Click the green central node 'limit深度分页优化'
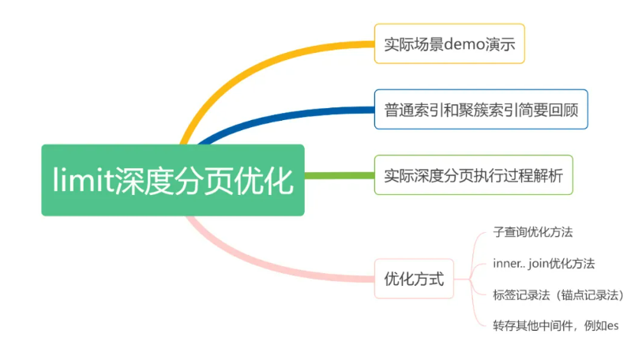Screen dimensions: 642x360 pyautogui.click(x=173, y=180)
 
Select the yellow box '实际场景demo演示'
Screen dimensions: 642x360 pyautogui.click(x=449, y=44)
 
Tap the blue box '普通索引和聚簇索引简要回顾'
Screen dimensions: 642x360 pyautogui.click(x=481, y=110)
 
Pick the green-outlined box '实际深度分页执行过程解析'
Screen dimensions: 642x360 pyautogui.click(x=474, y=175)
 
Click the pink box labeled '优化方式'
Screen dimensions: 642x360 pyautogui.click(x=414, y=279)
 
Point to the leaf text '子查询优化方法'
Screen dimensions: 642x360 pyautogui.click(x=533, y=232)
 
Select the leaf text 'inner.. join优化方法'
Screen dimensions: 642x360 pyautogui.click(x=544, y=264)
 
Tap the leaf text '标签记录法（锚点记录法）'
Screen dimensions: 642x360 pyautogui.click(x=558, y=295)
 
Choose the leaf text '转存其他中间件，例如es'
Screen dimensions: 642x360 pyautogui.click(x=556, y=325)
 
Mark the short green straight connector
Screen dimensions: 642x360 pyautogui.click(x=340, y=176)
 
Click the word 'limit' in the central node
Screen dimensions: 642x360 pyautogui.click(x=83, y=180)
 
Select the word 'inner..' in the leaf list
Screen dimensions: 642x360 pyautogui.click(x=509, y=264)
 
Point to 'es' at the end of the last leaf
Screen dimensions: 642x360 pyautogui.click(x=613, y=326)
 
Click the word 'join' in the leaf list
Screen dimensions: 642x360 pyautogui.click(x=538, y=264)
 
